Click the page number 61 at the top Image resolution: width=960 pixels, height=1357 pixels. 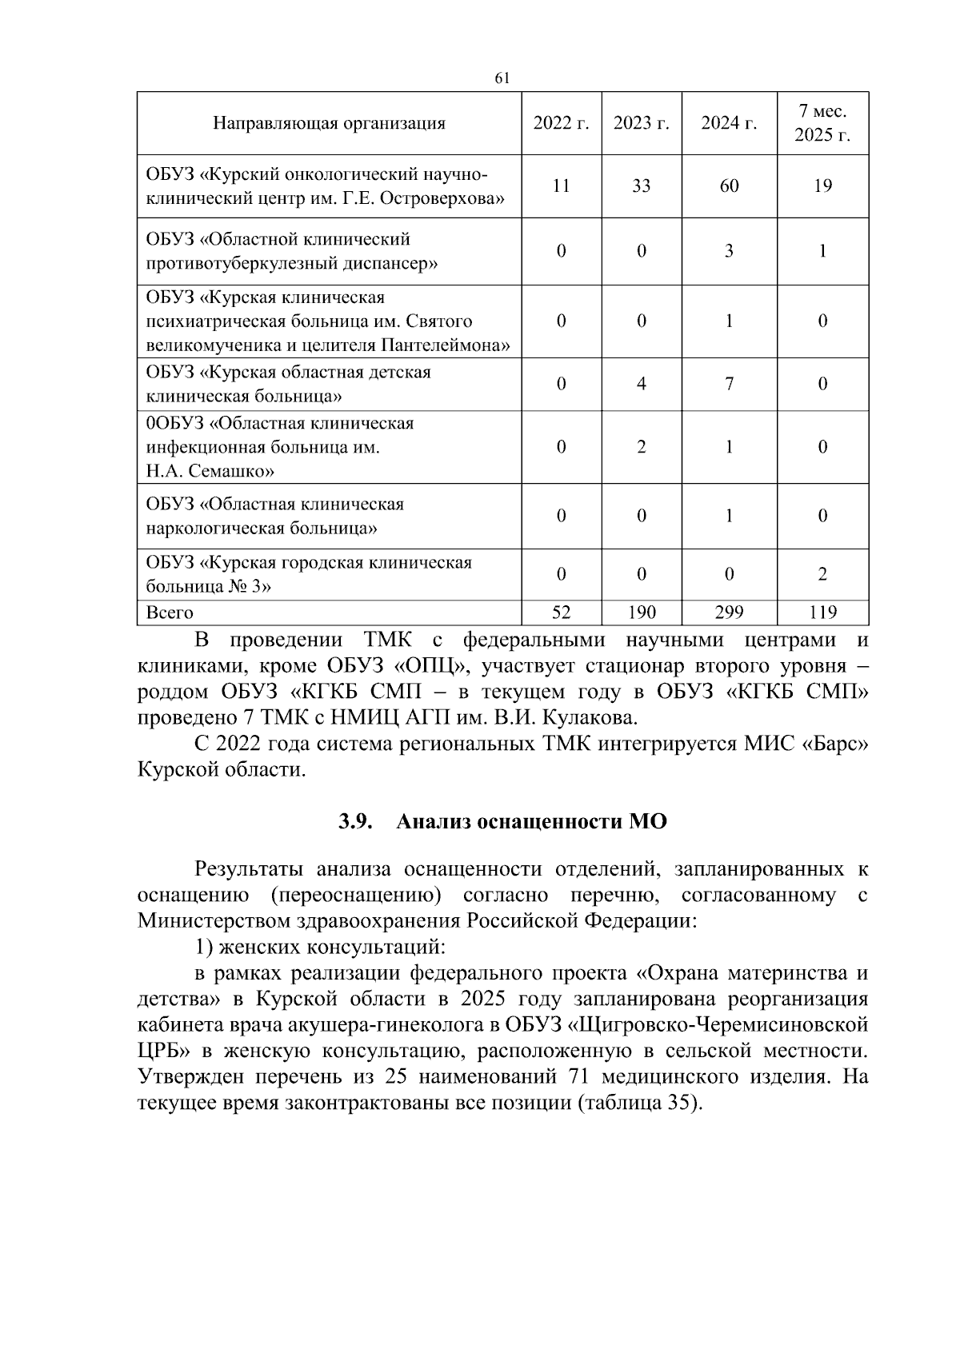coord(502,78)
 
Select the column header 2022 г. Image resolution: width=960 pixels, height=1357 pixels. coord(561,123)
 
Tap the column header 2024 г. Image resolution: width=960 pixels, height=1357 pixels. coord(729,123)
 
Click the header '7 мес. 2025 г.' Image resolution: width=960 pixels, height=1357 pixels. coord(822,123)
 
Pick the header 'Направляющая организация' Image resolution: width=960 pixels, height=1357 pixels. coord(329,123)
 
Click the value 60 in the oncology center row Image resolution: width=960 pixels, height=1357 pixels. coord(729,186)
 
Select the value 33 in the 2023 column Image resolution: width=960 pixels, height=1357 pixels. coord(641,186)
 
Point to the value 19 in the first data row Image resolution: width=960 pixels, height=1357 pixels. coord(822,186)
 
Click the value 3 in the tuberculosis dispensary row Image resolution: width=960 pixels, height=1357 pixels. coord(729,251)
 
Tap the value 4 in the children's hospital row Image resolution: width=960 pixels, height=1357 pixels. coord(641,384)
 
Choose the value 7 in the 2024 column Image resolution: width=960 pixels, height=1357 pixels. coord(729,384)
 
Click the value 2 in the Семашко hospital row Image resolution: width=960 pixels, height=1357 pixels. coord(641,447)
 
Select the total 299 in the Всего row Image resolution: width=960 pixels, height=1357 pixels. coord(729,613)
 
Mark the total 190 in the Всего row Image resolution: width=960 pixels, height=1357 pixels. coord(641,613)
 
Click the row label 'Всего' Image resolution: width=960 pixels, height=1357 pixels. coord(170,613)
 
